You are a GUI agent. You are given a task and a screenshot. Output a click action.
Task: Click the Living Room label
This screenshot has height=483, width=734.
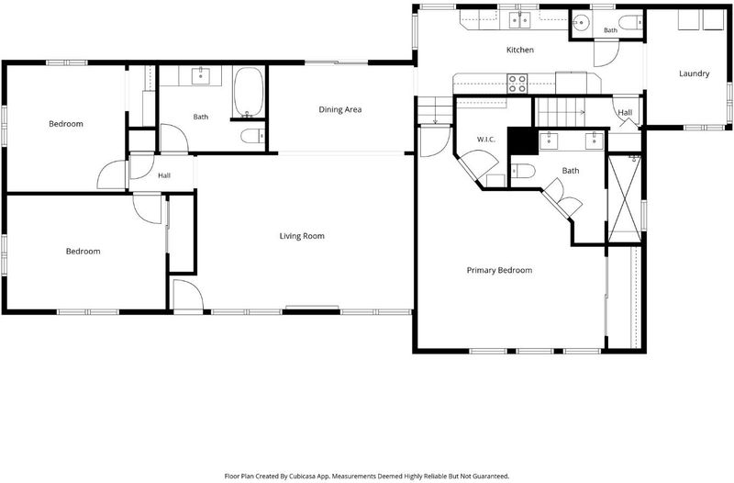[302, 236]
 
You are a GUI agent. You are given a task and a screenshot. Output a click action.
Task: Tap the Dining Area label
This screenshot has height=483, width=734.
[340, 109]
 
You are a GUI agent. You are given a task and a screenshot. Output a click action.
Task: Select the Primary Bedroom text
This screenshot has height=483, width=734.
[499, 270]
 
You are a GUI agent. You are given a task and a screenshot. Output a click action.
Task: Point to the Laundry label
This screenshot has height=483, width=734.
[695, 73]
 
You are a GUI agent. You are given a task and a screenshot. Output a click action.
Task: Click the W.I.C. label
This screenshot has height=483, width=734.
[486, 140]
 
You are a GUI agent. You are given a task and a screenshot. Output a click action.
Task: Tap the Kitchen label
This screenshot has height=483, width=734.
[520, 50]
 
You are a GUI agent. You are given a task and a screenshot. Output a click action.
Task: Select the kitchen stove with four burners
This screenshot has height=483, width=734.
[517, 84]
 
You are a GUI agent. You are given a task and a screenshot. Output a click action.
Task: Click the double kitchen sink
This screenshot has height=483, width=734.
[519, 20]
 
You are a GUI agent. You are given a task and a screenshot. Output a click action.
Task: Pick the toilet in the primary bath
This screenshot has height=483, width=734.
[523, 171]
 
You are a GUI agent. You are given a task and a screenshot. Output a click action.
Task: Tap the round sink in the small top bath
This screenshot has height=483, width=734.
[582, 22]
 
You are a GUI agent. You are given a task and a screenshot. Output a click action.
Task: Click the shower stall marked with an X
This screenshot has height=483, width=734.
[624, 198]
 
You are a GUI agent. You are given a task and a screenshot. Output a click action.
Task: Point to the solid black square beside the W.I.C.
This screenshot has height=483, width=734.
[523, 141]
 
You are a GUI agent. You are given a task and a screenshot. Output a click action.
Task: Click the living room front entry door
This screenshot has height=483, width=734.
[188, 294]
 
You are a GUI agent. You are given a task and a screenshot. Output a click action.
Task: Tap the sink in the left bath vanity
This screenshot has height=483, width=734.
[200, 75]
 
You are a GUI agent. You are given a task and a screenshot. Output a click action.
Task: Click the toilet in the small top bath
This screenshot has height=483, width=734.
[630, 22]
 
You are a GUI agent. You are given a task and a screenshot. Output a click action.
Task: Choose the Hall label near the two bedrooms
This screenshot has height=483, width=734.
[164, 175]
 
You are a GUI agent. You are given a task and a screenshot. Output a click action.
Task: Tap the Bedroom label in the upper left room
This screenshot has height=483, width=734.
[66, 124]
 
